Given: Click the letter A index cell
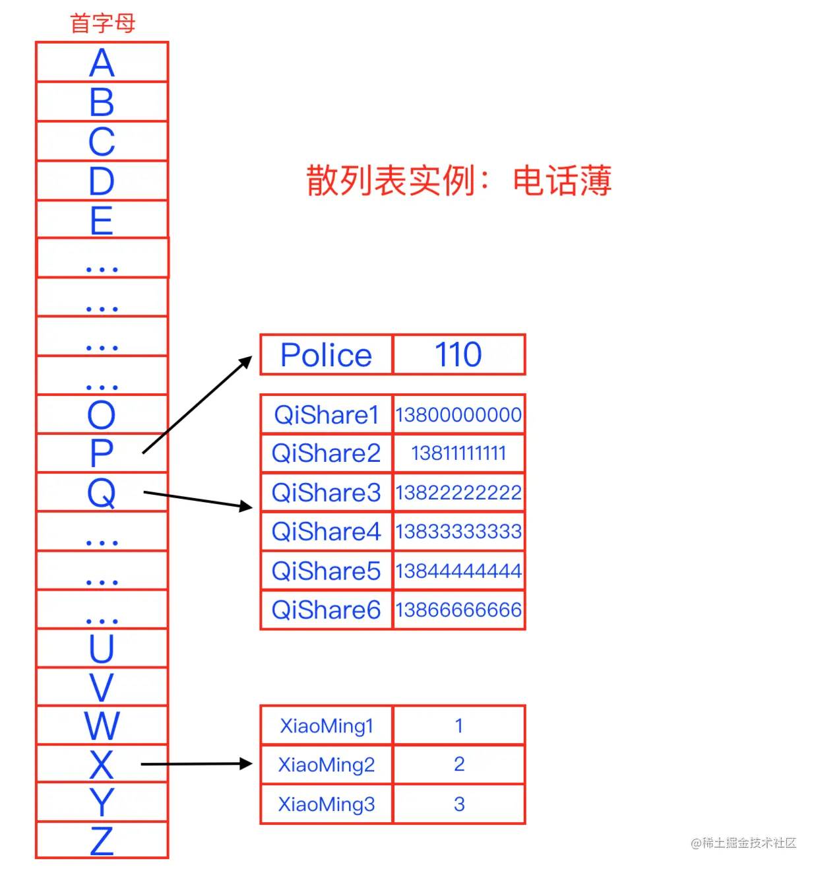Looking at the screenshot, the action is coord(102,63).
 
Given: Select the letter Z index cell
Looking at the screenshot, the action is coord(102,841).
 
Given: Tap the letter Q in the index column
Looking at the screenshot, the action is coord(102,492).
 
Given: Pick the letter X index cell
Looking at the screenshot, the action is coord(102,764).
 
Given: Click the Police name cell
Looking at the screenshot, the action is coord(327,355).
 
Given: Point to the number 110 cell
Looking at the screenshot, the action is coord(458,355).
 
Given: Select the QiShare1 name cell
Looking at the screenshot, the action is coord(327,414).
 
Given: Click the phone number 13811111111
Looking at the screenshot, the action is coord(458,453).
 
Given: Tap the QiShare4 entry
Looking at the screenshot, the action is coord(327,531).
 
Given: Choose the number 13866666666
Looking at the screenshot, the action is coord(458,610).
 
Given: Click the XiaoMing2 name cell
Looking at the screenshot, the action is coord(327,765).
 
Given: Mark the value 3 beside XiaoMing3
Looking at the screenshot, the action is coord(459,804).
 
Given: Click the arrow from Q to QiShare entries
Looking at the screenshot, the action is coord(198,500).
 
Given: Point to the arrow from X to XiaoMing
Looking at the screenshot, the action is coord(197,764).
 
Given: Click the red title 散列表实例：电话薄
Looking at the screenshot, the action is coord(458,181).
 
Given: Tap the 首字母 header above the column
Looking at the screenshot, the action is coord(102,24).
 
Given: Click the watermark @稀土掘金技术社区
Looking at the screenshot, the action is coord(743,843).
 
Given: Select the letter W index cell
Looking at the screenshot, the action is coord(102,725).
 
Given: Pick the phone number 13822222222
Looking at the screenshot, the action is coord(458,492).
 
